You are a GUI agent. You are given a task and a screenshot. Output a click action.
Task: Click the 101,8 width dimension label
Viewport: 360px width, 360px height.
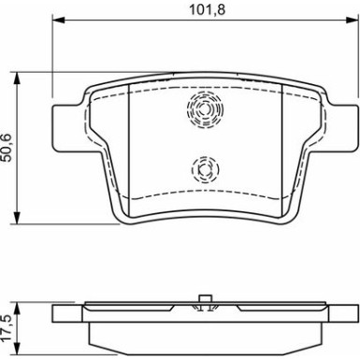click(208, 10)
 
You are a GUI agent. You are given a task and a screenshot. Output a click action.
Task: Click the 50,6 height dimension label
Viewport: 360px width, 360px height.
click(7, 148)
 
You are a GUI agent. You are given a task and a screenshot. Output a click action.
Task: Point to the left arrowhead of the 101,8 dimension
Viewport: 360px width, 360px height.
click(58, 21)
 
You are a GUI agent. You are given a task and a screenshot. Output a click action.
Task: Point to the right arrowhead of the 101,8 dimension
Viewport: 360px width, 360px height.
click(352, 21)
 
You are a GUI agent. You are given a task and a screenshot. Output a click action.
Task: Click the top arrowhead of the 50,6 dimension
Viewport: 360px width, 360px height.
click(17, 79)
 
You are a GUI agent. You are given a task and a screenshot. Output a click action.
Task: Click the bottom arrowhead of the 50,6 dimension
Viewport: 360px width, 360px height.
click(17, 217)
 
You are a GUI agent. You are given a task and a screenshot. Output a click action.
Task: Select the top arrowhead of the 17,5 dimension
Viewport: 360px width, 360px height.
click(17, 308)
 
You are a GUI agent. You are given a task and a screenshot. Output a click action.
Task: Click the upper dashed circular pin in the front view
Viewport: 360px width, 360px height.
click(205, 109)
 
